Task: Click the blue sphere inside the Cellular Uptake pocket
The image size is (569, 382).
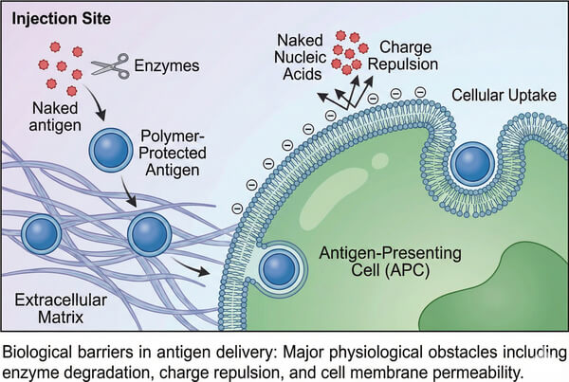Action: [x=470, y=164]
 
